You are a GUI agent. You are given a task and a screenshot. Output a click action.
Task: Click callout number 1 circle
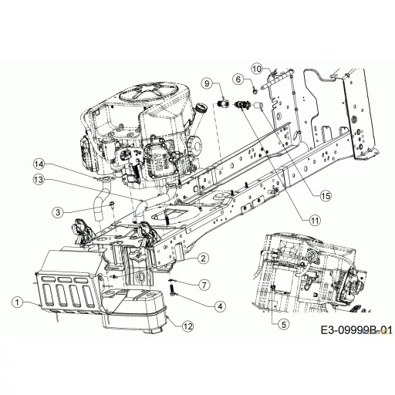pos(18,302)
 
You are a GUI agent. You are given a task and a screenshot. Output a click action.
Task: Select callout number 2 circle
pos(204,258)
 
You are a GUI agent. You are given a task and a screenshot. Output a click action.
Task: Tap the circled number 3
pos(58,212)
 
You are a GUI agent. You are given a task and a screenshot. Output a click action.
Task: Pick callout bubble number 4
pos(220,306)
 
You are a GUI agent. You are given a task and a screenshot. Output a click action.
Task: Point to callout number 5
pos(283,324)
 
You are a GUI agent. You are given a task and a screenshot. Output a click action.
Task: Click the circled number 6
pos(238,79)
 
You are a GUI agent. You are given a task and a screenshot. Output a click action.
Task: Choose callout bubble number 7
pos(204,285)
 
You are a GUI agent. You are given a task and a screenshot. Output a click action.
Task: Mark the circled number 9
pos(208,83)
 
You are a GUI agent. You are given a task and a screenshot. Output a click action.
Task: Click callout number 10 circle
pos(257,69)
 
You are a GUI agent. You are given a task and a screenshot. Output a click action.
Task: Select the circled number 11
pos(315,220)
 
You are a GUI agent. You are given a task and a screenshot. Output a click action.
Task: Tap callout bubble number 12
pos(187,326)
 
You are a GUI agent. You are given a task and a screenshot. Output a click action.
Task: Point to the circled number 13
pos(39,180)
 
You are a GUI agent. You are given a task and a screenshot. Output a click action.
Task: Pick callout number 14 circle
pos(39,164)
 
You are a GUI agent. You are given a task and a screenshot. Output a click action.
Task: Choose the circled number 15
pos(326,196)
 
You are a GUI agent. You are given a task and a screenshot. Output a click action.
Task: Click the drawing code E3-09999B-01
pos(356,330)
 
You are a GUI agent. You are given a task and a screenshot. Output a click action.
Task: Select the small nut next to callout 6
pos(255,90)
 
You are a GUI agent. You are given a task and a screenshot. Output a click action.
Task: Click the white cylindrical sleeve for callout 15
pos(258,106)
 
